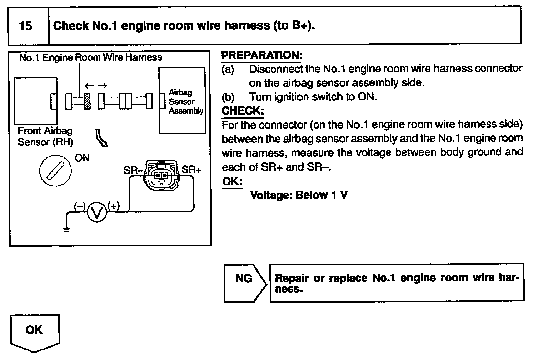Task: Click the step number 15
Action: [x=25, y=26]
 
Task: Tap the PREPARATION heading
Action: [x=262, y=55]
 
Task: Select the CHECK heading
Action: [x=243, y=111]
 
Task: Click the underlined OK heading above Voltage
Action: [x=232, y=181]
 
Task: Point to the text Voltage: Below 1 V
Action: [x=299, y=195]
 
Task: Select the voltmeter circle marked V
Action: [x=97, y=213]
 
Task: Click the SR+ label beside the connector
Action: [x=191, y=170]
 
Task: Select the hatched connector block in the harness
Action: [x=87, y=101]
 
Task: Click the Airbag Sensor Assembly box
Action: [x=182, y=100]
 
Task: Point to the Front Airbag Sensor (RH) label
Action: [x=45, y=136]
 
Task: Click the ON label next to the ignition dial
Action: [x=82, y=158]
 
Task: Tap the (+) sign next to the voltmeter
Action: [x=114, y=206]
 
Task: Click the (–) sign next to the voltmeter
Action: [x=80, y=206]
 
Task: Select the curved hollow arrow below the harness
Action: [x=101, y=138]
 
